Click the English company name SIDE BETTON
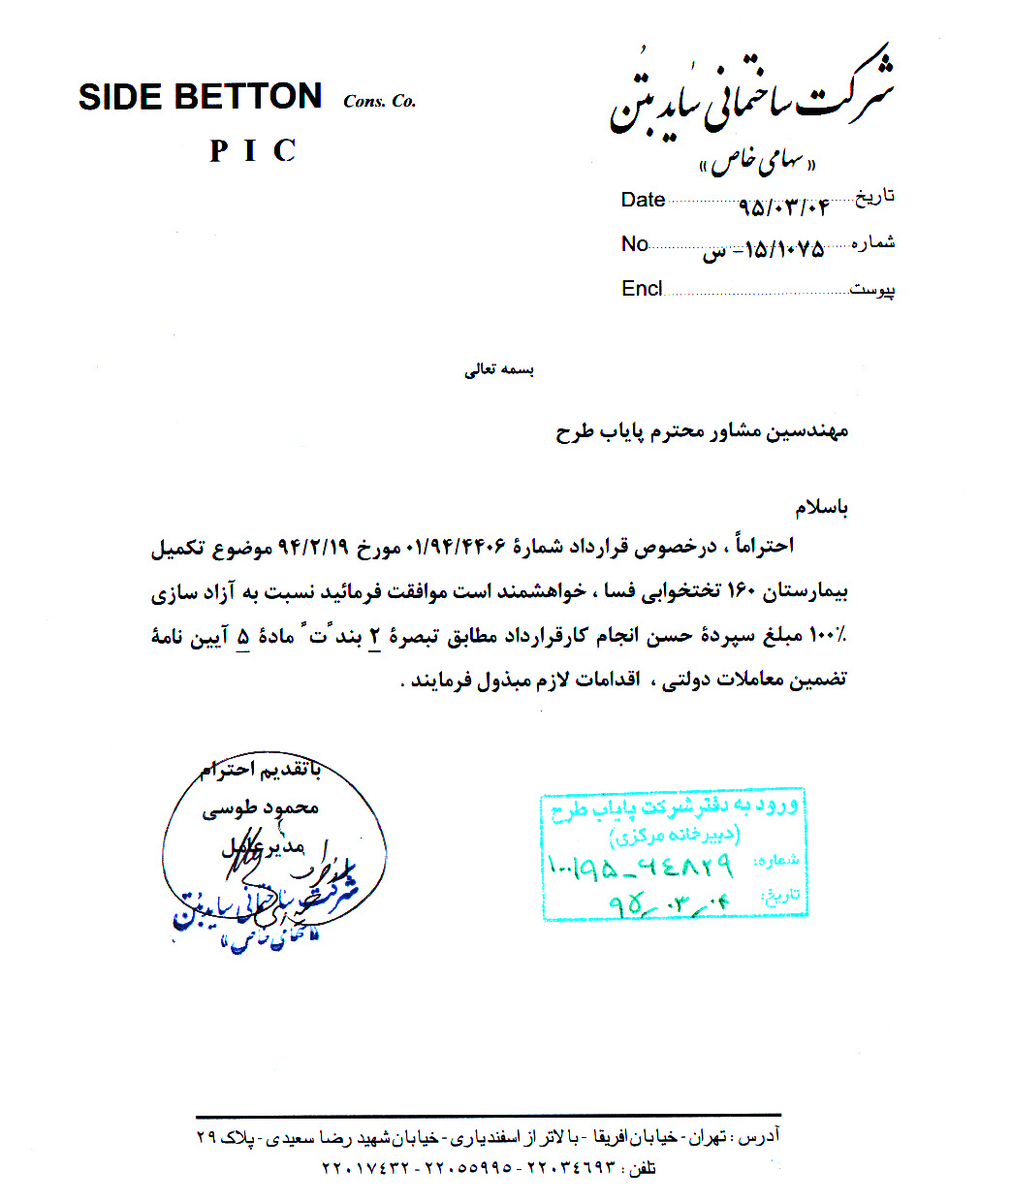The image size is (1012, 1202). coord(200,97)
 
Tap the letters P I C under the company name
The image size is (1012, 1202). coord(252,151)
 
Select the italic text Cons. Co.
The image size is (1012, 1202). coord(379,101)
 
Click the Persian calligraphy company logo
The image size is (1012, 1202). coord(752,103)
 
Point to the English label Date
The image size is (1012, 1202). coord(643,200)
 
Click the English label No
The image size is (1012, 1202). coord(634,244)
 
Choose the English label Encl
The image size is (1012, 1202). coord(642,289)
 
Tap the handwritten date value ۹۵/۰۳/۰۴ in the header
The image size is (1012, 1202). coord(783,206)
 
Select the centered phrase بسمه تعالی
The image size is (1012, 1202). coord(498,369)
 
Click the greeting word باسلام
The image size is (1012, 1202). coord(821,507)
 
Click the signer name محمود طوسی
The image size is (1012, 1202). coord(260,807)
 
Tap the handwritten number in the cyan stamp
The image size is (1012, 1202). coord(640,865)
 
